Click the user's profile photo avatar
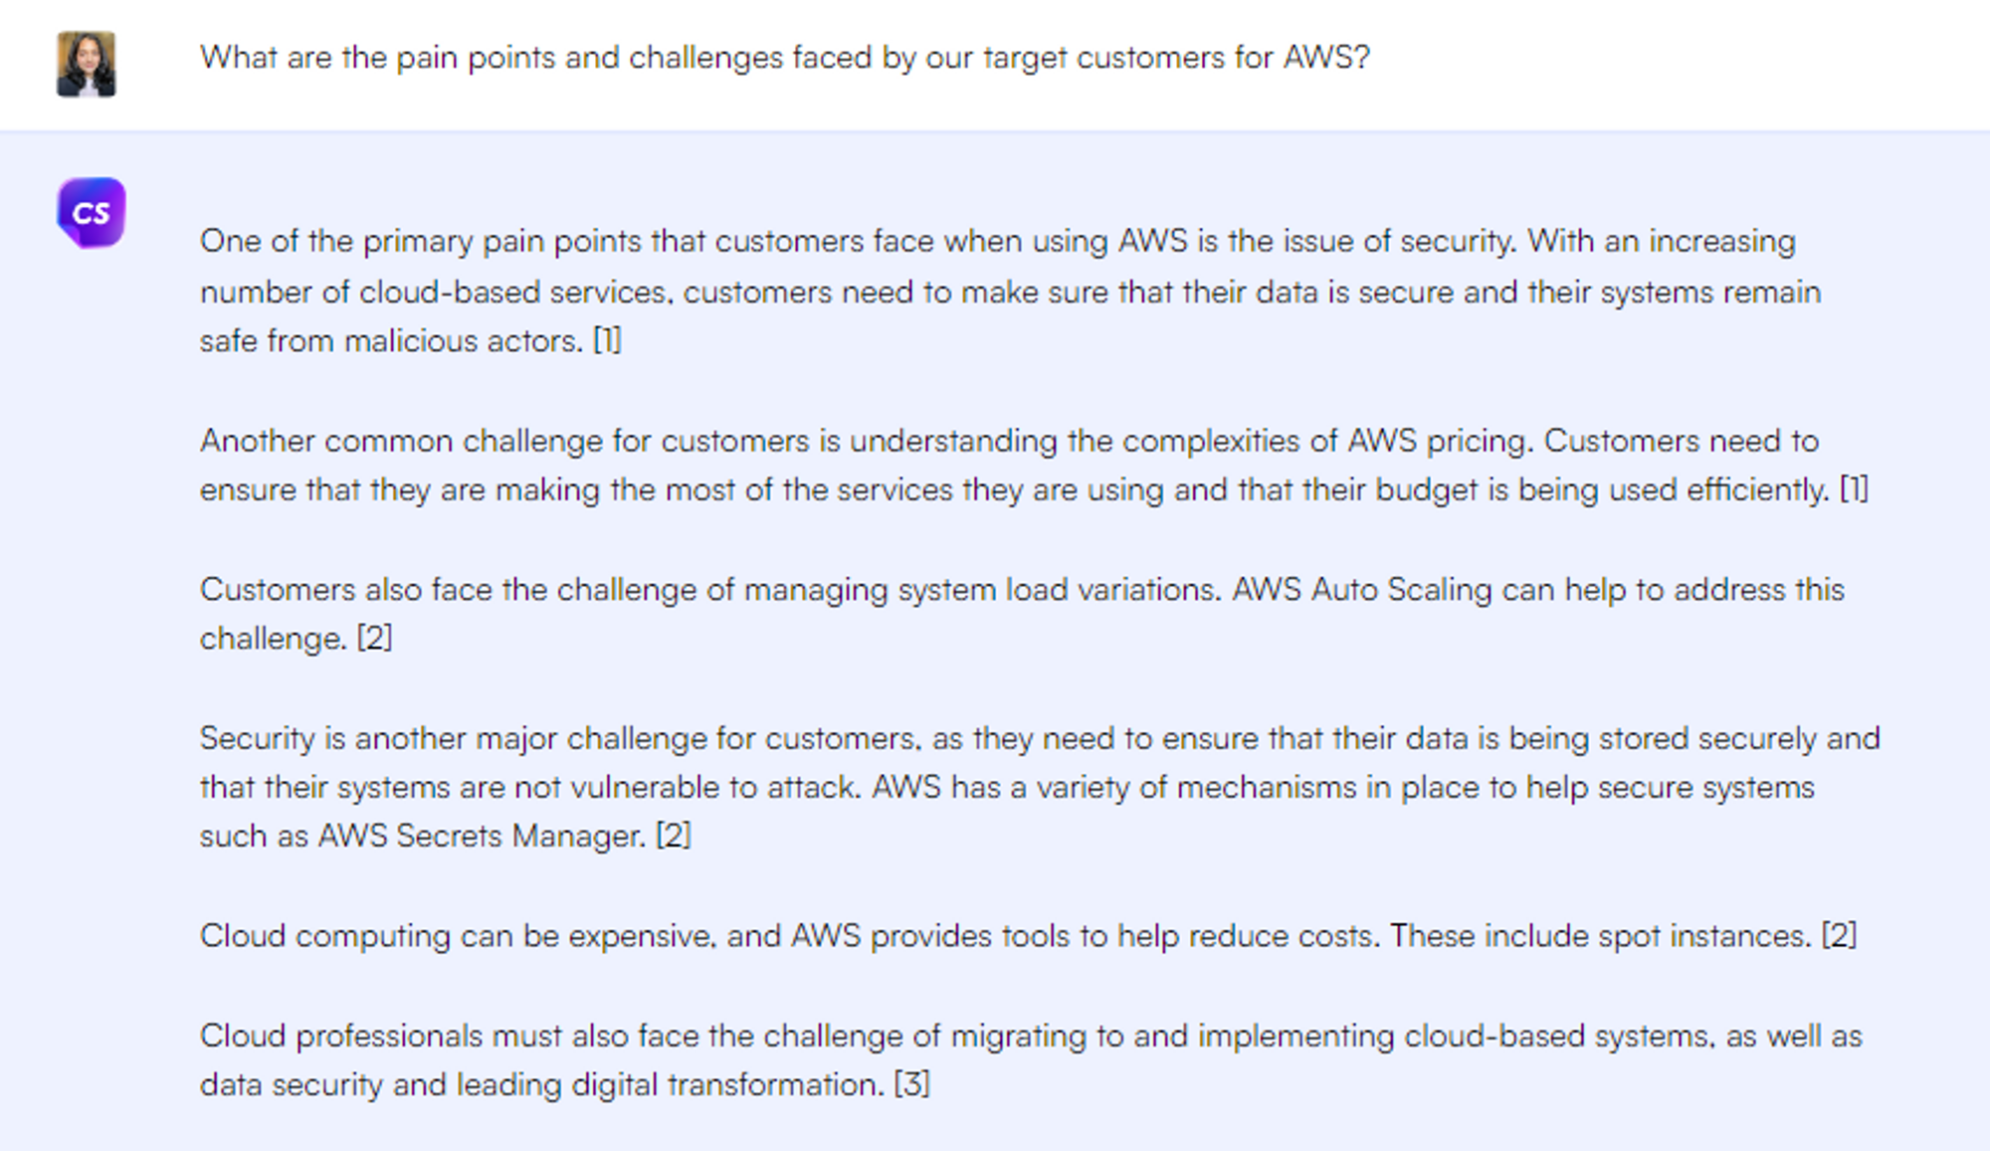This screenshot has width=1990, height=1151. [x=87, y=65]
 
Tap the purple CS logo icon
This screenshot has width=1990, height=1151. [x=92, y=213]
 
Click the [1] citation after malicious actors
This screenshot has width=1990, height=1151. [x=607, y=341]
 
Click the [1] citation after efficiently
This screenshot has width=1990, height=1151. [x=1854, y=489]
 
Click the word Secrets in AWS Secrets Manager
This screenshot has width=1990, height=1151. [x=449, y=837]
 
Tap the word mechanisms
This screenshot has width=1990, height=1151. [x=1267, y=788]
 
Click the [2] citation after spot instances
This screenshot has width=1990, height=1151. [x=1839, y=936]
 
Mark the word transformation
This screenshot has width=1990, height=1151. [x=776, y=1085]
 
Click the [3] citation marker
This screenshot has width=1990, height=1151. [x=912, y=1084]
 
